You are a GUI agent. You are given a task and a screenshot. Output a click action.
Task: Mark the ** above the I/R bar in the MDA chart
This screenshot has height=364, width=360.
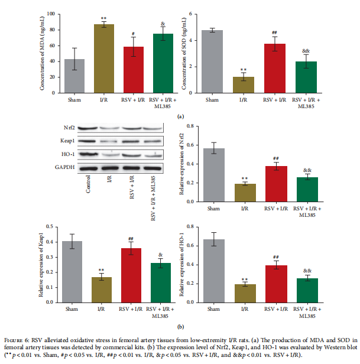point(103,19)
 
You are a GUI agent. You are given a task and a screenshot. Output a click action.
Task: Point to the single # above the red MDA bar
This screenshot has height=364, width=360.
point(134,34)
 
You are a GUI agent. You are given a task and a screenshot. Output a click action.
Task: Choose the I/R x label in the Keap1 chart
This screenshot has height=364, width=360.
point(105,308)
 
